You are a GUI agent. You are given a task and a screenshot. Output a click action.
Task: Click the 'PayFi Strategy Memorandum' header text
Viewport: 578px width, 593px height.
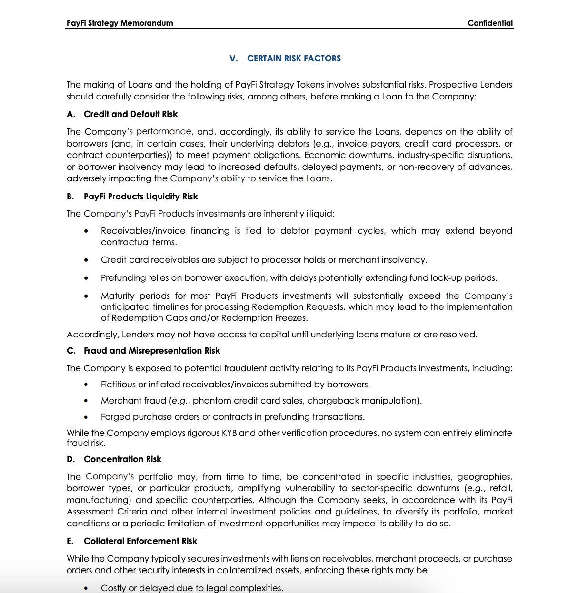[120, 23]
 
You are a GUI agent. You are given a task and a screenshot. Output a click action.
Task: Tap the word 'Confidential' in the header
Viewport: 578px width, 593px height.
[490, 23]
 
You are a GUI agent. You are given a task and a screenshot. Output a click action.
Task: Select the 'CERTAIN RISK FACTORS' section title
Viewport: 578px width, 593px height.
[294, 59]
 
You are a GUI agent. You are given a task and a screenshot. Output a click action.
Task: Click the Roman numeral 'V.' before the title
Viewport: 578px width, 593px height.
[233, 59]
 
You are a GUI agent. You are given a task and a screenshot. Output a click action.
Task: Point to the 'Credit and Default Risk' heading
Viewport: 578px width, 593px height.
[130, 114]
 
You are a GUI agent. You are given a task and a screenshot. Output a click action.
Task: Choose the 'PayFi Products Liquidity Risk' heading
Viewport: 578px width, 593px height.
[140, 197]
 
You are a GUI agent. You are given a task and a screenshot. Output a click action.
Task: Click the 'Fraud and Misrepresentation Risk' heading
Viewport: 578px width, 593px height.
[151, 351]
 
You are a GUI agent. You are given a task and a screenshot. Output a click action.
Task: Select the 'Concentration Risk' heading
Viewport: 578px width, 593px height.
[122, 459]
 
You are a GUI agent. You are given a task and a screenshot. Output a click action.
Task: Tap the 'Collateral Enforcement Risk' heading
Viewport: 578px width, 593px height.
[140, 541]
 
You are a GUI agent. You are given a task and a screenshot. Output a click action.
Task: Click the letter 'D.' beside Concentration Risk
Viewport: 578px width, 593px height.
[70, 459]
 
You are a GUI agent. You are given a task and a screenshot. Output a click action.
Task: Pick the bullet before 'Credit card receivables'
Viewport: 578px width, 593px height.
[86, 260]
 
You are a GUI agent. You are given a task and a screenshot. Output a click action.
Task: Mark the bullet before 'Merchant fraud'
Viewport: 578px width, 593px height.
[86, 401]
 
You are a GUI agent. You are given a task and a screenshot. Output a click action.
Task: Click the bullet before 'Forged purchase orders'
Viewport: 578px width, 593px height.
[86, 417]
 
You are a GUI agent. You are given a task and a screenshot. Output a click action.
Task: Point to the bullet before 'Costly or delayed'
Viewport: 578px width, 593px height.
[86, 589]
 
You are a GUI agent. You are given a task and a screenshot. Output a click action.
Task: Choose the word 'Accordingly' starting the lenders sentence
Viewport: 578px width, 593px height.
[92, 335]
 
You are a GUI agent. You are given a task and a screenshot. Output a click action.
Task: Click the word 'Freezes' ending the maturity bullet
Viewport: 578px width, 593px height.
[291, 318]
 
